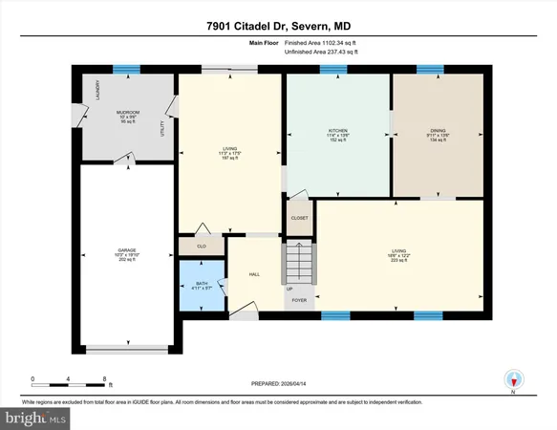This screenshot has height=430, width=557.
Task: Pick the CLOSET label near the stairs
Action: click(x=299, y=218)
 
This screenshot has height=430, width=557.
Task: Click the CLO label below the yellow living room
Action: click(x=202, y=247)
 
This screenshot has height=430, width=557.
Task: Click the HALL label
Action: click(x=253, y=273)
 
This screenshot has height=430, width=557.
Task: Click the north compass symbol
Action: click(x=513, y=379)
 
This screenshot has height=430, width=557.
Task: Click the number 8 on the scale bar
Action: click(x=103, y=379)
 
